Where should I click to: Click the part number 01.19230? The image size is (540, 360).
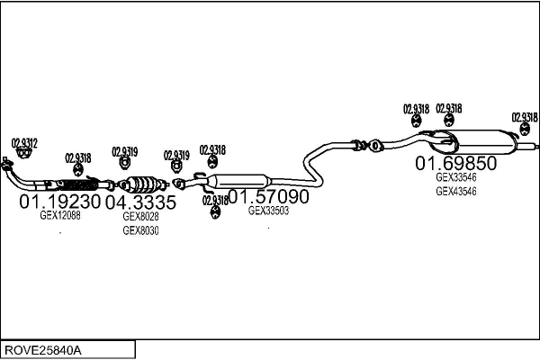(x=60, y=202)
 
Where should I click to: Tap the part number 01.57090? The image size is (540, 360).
(x=268, y=196)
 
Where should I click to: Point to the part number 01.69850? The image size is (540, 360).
(x=456, y=164)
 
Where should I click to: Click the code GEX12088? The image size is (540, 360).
(x=60, y=216)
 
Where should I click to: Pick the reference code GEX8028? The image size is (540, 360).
(x=140, y=217)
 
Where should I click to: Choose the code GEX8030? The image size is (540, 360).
(x=140, y=231)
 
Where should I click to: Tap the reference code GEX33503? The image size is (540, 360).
(x=268, y=211)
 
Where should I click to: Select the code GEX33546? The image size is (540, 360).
(x=456, y=177)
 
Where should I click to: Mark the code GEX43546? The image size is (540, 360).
(x=456, y=191)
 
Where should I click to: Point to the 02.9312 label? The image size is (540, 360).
(x=24, y=141)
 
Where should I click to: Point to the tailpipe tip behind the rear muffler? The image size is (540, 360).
(x=531, y=144)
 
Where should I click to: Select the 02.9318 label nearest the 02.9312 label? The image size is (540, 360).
(x=79, y=157)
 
